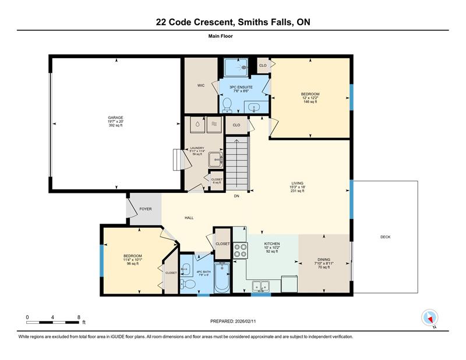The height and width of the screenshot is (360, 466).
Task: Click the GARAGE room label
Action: pos(115,118)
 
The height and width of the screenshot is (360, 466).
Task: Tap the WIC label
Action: pos(201,86)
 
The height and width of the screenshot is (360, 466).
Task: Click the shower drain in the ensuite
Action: pos(244,68)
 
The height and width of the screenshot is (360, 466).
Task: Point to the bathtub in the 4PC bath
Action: pos(222,277)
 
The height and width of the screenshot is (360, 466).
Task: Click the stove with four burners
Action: pos(241,250)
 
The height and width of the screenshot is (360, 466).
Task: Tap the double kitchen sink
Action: pos(260,287)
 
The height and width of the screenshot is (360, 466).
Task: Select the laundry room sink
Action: pos(216,160)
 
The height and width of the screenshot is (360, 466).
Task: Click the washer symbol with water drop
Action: pos(197,124)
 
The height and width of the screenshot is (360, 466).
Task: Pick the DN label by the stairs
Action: pos(236,196)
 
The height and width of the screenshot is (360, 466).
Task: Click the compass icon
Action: pos(430,317)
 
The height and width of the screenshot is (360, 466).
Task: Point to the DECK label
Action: pos(386,237)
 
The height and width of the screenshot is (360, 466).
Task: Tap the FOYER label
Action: pos(146,209)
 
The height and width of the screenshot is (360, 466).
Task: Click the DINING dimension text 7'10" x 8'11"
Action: pos(324,263)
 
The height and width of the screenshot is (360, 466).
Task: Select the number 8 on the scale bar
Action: pos(79,317)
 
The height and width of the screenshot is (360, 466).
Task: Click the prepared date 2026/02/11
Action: pos(245,322)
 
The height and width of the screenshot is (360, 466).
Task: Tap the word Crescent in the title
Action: pos(214,22)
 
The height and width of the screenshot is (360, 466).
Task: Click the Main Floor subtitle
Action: pos(221,36)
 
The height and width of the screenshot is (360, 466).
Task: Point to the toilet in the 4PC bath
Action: pos(188,284)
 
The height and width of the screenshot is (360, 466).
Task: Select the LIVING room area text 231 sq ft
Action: pos(297,191)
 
